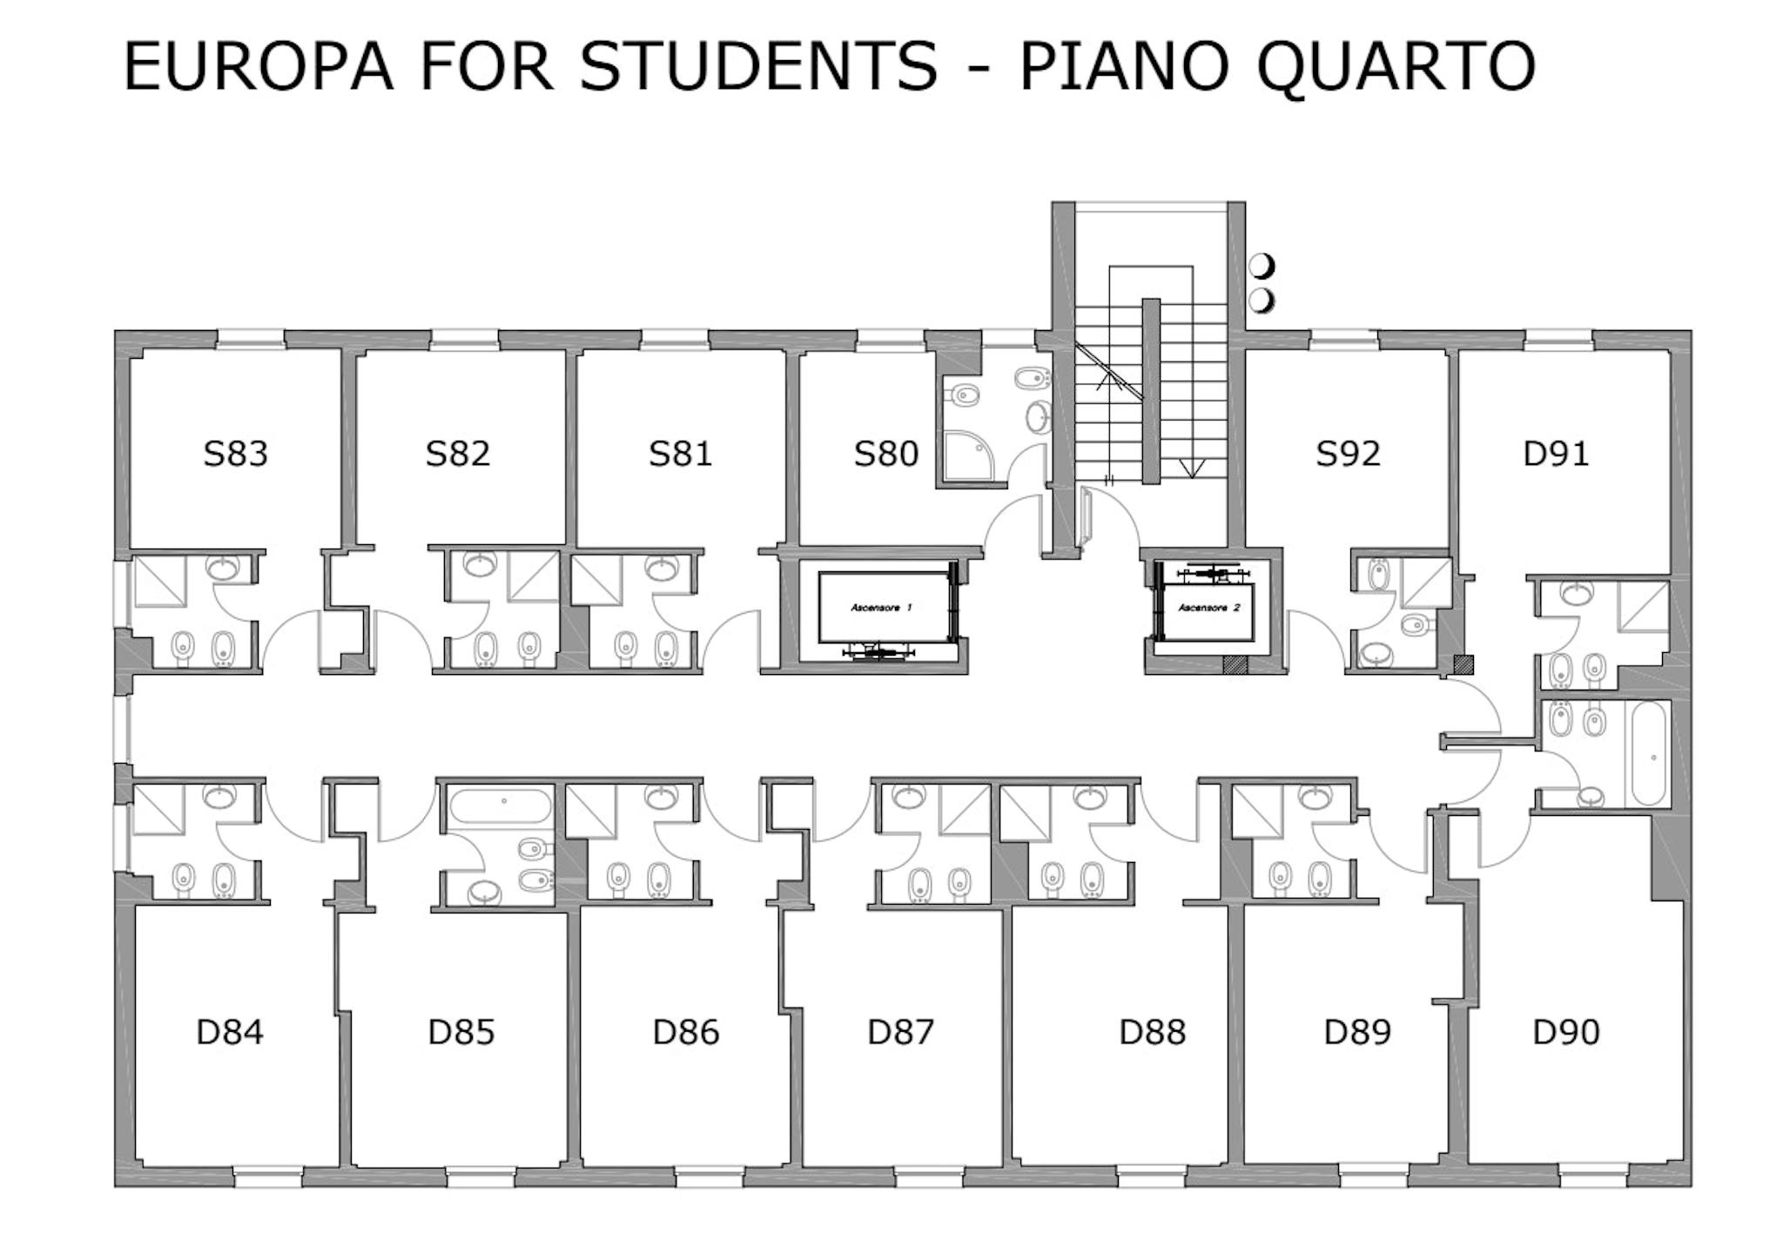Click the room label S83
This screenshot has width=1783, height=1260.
[x=235, y=454]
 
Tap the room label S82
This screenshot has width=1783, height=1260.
[x=458, y=454]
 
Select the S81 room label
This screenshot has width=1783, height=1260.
[x=680, y=454]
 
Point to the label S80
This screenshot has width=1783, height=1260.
[x=885, y=454]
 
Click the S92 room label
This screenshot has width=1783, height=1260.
[x=1348, y=454]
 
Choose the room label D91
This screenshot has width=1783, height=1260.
[x=1556, y=454]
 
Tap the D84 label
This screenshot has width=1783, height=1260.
[x=230, y=1032]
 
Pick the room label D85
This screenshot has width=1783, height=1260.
[x=461, y=1032]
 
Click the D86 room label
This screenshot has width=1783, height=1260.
[x=686, y=1032]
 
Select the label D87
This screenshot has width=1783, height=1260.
[x=901, y=1032]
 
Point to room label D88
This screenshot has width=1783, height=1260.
[x=1153, y=1032]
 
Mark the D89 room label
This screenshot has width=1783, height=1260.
[x=1357, y=1032]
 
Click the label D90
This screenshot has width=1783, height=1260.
[x=1566, y=1032]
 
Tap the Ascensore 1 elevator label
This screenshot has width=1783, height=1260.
[x=881, y=607]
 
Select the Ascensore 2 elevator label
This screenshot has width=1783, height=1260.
[x=1209, y=607]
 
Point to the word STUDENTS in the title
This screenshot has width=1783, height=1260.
[x=759, y=66]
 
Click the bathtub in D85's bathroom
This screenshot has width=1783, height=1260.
[x=501, y=806]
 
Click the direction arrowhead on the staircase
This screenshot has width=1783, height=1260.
[x=1191, y=468]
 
